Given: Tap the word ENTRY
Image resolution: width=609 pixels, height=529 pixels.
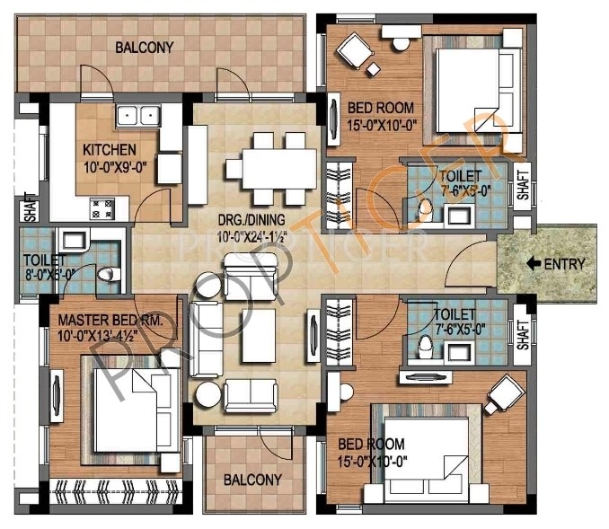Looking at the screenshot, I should click(565, 264).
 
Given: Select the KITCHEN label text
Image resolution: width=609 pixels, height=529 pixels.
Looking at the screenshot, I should click(109, 149).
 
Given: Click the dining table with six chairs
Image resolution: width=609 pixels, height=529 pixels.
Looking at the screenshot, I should click(270, 168).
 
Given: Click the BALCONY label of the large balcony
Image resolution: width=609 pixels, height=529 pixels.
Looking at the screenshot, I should click(144, 47).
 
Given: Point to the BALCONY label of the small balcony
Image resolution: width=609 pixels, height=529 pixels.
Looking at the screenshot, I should click(252, 479).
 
